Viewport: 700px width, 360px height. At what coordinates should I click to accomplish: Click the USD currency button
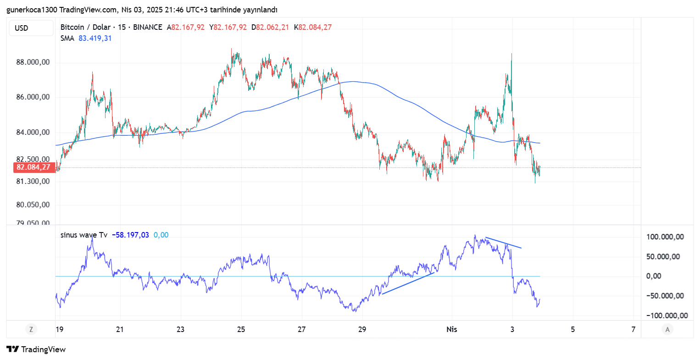(31, 28)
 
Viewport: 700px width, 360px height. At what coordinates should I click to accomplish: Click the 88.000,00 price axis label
(33, 62)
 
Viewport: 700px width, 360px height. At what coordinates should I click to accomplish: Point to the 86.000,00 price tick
(33, 97)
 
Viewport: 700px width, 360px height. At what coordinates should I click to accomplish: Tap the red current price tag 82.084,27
(33, 167)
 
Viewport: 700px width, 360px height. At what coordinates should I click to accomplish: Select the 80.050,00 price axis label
(33, 205)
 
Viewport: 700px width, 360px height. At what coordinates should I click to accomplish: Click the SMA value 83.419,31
(95, 39)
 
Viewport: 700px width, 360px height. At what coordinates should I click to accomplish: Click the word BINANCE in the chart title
(147, 28)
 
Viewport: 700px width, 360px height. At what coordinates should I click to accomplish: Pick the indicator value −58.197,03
(130, 235)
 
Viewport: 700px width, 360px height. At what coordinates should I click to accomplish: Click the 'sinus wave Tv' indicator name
(84, 235)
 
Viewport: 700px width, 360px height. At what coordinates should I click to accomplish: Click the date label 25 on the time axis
(241, 329)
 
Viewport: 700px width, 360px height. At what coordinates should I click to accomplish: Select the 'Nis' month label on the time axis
(452, 329)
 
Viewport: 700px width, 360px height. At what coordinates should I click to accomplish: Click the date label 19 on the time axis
(59, 329)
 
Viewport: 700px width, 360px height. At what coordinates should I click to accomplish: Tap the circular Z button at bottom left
(31, 329)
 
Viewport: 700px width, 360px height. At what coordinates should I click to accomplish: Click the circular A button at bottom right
(667, 329)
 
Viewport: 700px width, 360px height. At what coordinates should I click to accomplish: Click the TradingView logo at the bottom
(37, 349)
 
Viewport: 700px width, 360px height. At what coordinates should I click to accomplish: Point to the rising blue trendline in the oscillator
(407, 283)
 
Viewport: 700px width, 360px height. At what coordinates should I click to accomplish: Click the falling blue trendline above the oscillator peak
(503, 243)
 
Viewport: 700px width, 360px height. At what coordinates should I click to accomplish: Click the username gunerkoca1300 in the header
(32, 10)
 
